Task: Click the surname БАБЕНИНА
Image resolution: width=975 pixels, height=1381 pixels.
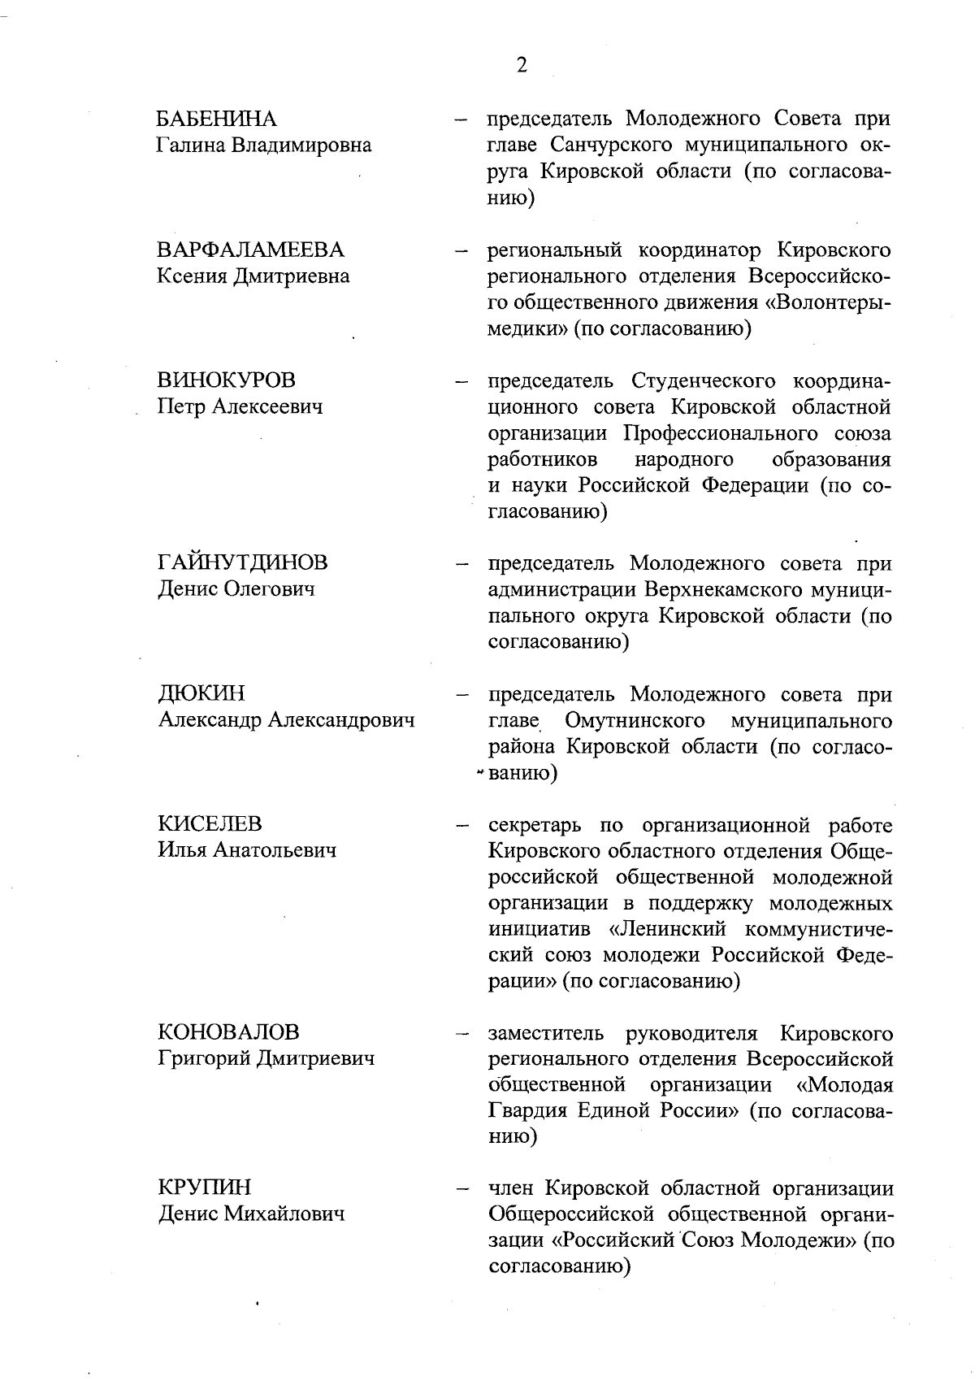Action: (217, 119)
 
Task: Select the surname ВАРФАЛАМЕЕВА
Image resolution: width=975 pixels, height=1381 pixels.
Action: (250, 250)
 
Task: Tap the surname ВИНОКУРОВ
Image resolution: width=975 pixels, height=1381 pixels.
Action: (226, 380)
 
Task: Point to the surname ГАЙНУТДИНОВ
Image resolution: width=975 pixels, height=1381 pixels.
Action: (242, 562)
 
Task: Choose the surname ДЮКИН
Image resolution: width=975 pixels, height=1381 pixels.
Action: (201, 693)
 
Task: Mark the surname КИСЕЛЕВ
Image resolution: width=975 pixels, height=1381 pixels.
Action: (210, 823)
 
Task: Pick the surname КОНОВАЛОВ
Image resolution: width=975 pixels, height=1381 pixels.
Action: (228, 1032)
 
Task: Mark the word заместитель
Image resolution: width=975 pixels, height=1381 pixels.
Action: (546, 1033)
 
